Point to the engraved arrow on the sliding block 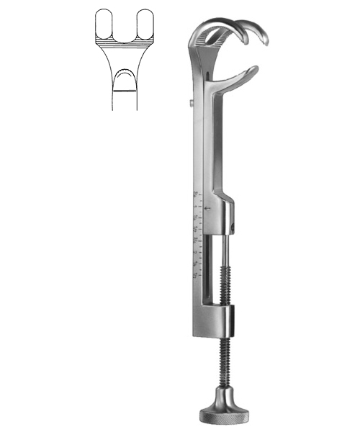pyautogui.click(x=207, y=209)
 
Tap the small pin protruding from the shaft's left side pyautogui.click(x=189, y=104)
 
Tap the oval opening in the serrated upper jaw pyautogui.click(x=217, y=32)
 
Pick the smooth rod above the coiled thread pyautogui.click(x=223, y=245)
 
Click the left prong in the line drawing pyautogui.click(x=105, y=24)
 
